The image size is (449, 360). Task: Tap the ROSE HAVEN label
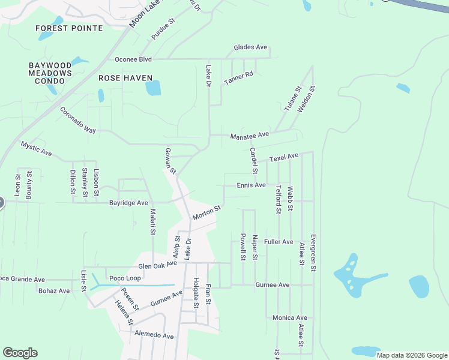point(125,79)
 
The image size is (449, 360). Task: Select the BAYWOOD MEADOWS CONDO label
point(50,73)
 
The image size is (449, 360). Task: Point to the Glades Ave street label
point(250,47)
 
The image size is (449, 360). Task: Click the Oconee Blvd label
point(133,60)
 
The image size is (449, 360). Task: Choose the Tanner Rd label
point(239,77)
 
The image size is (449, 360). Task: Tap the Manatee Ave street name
point(250,136)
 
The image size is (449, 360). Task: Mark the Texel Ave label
point(284,157)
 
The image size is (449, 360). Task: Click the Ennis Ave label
point(251,185)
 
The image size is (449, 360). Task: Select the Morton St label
point(207,212)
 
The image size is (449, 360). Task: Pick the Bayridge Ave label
point(128,203)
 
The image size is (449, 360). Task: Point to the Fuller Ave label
point(279,242)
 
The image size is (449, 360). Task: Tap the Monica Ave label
point(289,317)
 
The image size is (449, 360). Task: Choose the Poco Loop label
point(125,278)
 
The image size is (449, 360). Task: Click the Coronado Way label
point(78,121)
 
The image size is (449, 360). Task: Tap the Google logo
point(20,353)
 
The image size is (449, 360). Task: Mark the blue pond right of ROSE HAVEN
point(153,88)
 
